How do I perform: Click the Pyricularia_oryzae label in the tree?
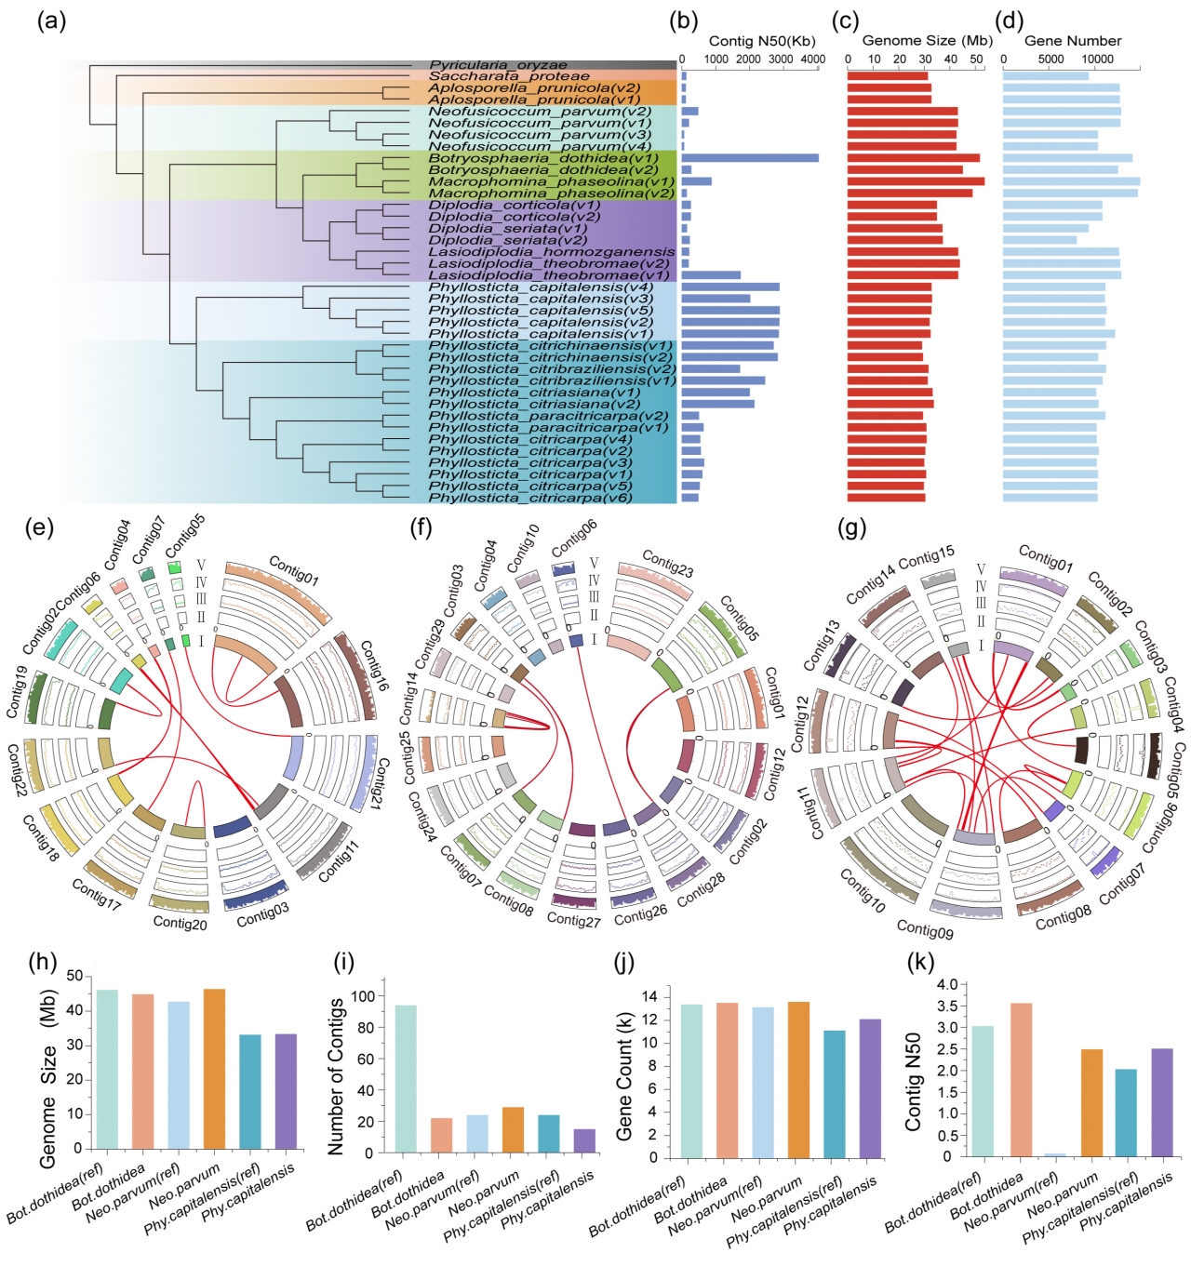(498, 65)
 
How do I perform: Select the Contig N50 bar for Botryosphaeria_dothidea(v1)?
(750, 158)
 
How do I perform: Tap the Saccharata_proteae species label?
(508, 76)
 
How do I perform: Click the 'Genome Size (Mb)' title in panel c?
(927, 41)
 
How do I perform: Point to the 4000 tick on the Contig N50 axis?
(812, 59)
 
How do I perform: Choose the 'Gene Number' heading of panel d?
(1072, 41)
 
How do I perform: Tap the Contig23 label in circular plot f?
(668, 564)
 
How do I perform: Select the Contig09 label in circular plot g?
(925, 928)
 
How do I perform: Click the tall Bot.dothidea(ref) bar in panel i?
(406, 1078)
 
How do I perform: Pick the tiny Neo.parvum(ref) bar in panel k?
(1054, 1154)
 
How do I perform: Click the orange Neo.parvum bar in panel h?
(214, 1069)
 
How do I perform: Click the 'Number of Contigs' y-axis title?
(337, 1076)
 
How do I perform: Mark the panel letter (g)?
(851, 529)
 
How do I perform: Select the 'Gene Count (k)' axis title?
(624, 1077)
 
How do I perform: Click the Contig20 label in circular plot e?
(180, 924)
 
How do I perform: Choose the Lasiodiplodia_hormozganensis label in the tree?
(551, 252)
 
